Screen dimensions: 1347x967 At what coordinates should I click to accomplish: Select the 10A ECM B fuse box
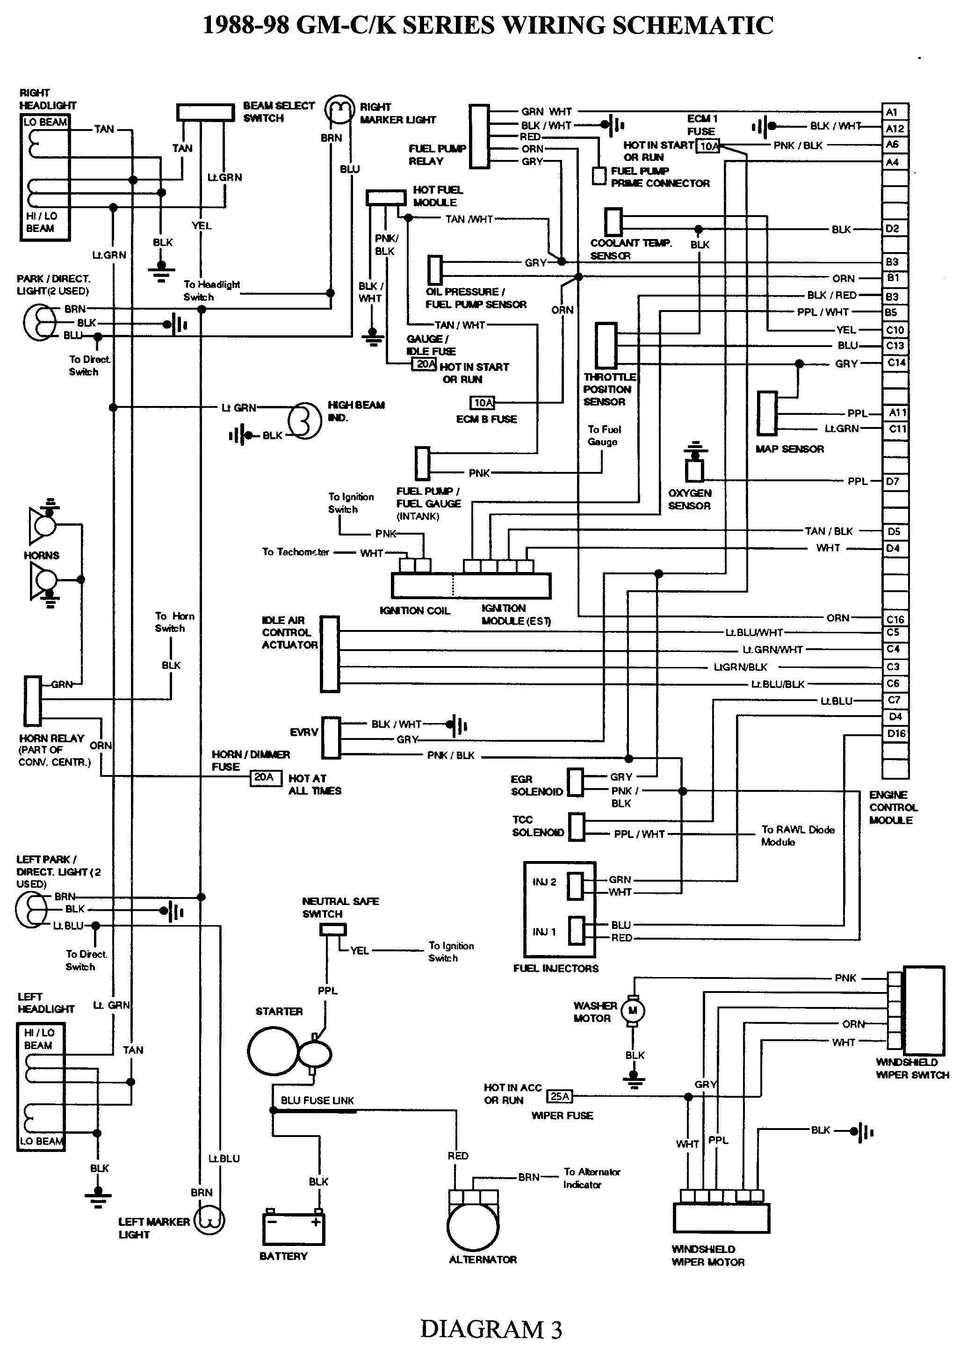pos(483,403)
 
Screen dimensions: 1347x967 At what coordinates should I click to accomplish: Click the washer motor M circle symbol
pos(633,1011)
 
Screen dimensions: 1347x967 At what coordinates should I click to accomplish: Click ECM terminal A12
pos(895,128)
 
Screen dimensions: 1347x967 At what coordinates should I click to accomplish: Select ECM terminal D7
pos(895,481)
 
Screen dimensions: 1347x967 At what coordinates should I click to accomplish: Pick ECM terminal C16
pos(895,619)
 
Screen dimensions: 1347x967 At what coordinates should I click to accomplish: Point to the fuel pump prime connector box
pos(599,175)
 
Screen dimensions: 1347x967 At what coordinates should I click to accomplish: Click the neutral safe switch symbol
pos(333,929)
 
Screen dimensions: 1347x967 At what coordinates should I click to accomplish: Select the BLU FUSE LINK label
pos(317,1101)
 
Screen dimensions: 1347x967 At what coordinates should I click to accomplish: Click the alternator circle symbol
pos(473,1226)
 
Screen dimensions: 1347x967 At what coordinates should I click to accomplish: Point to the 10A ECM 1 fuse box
pos(709,146)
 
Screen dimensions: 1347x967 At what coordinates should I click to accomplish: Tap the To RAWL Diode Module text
pos(797,835)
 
